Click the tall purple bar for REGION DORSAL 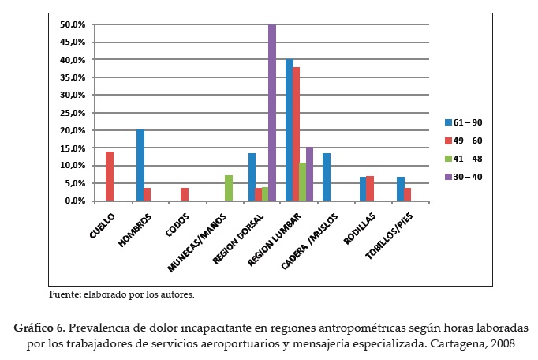coord(272,112)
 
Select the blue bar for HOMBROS coord(140,165)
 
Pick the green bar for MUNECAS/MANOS coord(229,188)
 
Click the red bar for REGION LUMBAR coord(297,134)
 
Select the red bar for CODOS coord(184,194)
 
